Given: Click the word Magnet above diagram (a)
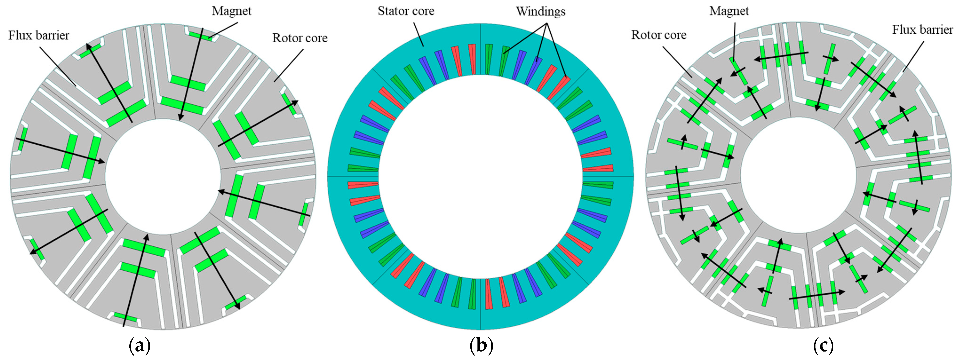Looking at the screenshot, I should [231, 11].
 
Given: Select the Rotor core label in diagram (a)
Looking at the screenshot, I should [300, 38].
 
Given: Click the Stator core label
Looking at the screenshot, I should [406, 11].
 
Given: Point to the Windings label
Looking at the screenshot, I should [540, 12].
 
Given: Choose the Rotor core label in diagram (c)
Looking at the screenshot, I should [659, 35].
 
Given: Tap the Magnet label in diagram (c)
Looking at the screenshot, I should [729, 11].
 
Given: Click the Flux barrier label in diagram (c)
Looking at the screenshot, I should [922, 30].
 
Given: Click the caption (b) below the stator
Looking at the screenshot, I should [481, 346].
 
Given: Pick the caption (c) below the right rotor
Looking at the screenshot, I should [823, 346].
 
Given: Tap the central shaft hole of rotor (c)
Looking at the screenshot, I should [799, 175].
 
